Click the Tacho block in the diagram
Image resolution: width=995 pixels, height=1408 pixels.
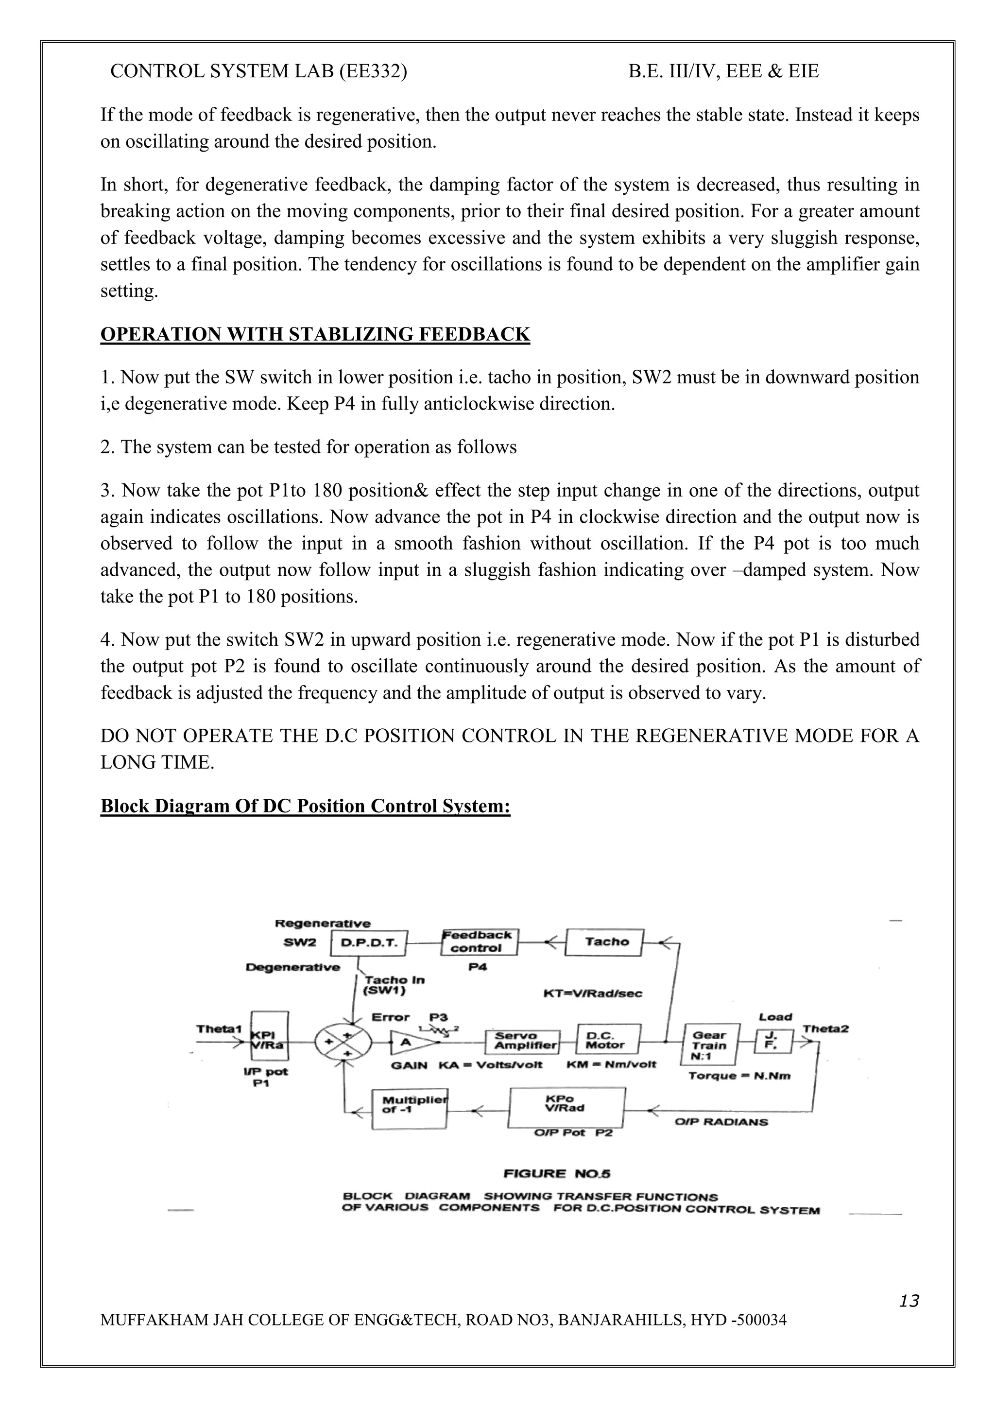(604, 942)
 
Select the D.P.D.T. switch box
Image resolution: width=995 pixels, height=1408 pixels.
(368, 943)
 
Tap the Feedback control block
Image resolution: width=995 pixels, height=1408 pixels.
(479, 942)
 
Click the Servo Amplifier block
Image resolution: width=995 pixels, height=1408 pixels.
(522, 1041)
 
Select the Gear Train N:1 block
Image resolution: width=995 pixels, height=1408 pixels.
(710, 1045)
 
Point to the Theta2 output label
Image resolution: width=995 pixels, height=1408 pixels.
(825, 1029)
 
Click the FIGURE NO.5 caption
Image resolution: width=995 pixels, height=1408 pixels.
(557, 1174)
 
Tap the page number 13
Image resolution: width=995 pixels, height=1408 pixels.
(909, 1299)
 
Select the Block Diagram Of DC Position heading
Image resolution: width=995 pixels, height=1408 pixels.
(305, 806)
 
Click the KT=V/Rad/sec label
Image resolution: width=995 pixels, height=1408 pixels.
(593, 994)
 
